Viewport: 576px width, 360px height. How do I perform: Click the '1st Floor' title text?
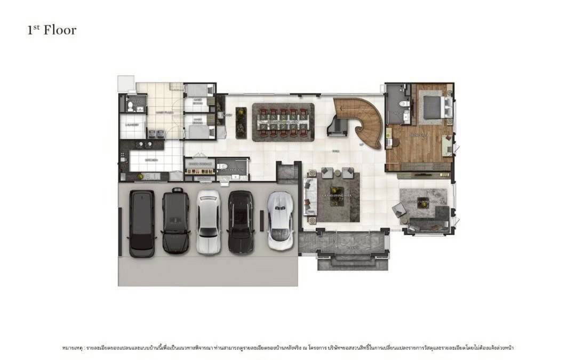point(52,30)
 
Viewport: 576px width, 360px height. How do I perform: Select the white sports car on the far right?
point(280,220)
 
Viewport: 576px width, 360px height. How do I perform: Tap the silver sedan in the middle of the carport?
point(209,221)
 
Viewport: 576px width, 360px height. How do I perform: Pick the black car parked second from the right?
point(241,221)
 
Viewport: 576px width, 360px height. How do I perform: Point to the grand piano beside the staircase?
point(338,126)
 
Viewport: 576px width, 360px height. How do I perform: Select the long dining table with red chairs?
point(283,122)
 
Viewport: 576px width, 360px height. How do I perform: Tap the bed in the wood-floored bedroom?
point(433,107)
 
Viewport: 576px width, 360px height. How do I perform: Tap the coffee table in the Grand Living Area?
point(336,195)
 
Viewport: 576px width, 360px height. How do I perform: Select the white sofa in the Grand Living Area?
point(309,198)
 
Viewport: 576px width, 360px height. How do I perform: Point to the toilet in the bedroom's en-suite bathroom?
point(404,104)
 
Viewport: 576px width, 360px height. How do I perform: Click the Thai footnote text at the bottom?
point(287,348)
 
